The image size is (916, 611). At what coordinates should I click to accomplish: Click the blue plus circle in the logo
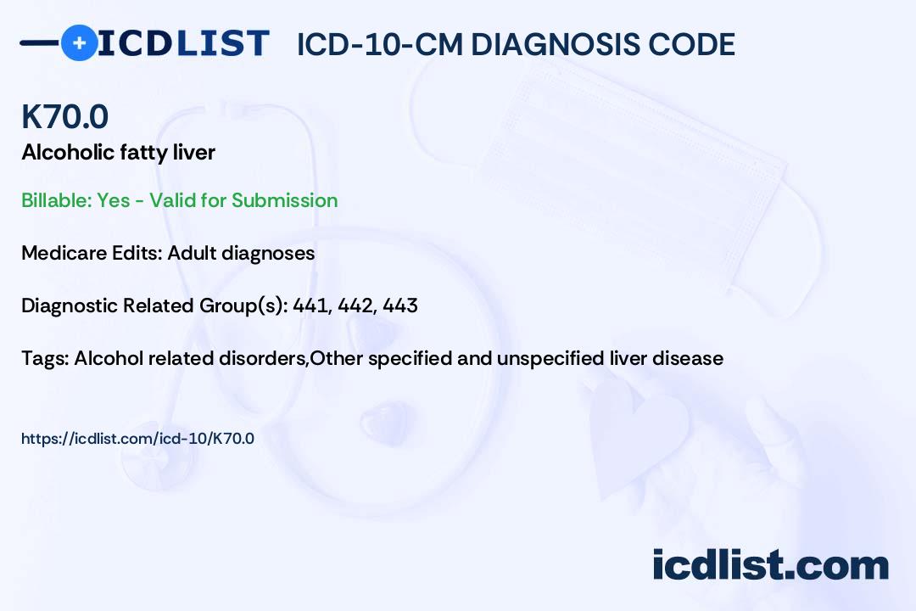[79, 42]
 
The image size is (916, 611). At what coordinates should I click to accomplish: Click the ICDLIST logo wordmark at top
[183, 42]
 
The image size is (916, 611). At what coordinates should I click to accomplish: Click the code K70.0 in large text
[64, 117]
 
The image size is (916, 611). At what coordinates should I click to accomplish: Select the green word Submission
[284, 200]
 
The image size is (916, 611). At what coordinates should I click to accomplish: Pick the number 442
[355, 305]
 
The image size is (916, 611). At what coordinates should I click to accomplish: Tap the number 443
[400, 305]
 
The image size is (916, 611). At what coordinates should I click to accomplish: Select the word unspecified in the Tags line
[550, 358]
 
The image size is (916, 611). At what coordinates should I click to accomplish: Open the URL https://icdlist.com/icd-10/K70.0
[137, 439]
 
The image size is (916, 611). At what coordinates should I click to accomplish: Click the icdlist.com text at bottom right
[770, 564]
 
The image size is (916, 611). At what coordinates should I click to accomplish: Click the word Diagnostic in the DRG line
[69, 305]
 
